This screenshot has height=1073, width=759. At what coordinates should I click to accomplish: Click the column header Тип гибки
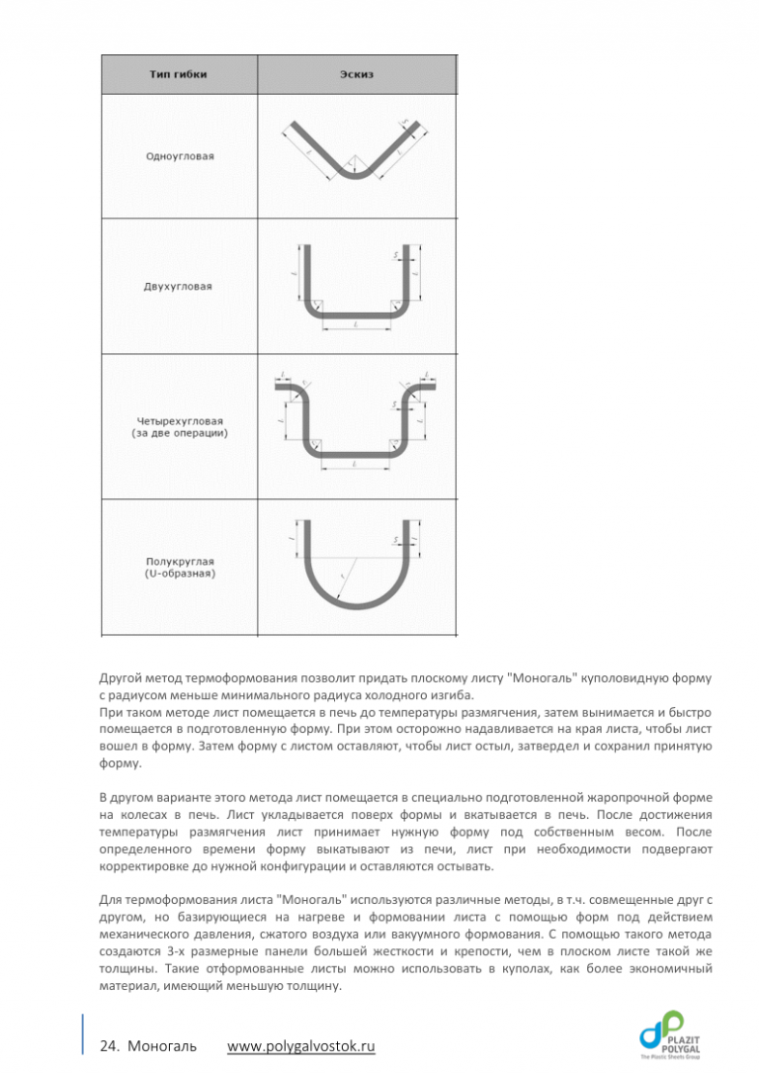click(179, 74)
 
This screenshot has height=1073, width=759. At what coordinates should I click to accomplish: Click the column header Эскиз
click(357, 74)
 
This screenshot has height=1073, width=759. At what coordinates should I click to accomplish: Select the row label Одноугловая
click(179, 156)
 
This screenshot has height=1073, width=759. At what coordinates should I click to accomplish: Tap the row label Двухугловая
click(179, 287)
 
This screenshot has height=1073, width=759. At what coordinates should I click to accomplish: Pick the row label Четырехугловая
click(179, 422)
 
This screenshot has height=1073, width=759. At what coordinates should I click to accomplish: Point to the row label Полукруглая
click(179, 561)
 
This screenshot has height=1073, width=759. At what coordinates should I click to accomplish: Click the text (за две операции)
click(179, 434)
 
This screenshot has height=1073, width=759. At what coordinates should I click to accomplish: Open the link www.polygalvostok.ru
click(301, 1046)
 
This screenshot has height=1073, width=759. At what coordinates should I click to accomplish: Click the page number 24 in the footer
click(109, 1046)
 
